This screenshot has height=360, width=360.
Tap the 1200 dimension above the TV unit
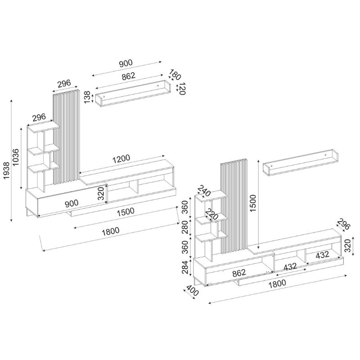(x=121, y=158)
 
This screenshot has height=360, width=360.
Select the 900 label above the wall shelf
(x=126, y=63)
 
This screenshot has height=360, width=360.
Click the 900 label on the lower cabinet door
(x=72, y=203)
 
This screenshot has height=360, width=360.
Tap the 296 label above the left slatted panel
(x=65, y=83)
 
